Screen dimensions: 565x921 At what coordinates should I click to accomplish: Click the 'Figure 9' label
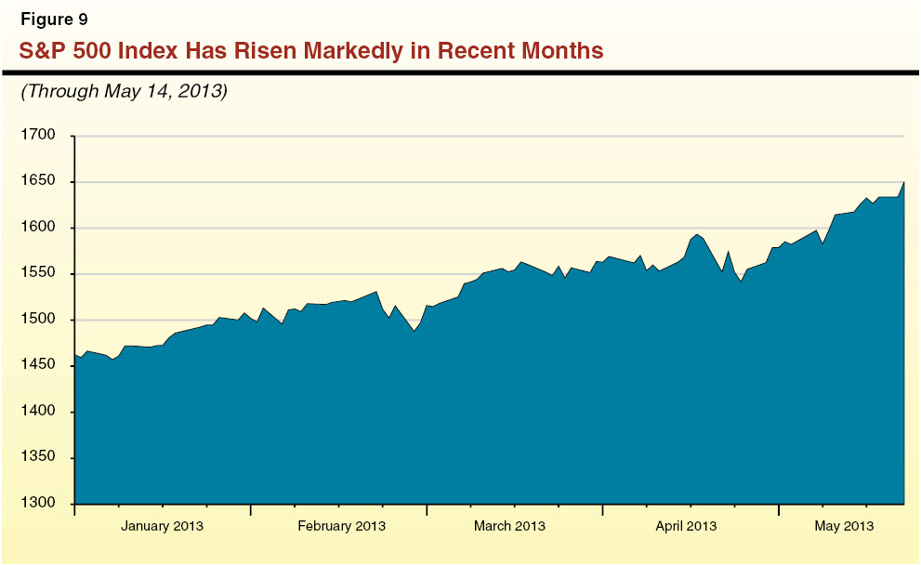tap(54, 20)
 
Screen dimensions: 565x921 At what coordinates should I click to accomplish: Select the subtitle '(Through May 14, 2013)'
tap(124, 91)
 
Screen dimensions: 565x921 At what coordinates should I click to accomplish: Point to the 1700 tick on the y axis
tap(38, 136)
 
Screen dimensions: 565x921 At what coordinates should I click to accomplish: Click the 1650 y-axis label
tap(38, 182)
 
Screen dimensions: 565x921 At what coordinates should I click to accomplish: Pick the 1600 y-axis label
tap(38, 228)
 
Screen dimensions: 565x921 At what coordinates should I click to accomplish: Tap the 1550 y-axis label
tap(38, 274)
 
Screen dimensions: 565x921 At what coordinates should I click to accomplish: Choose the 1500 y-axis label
tap(38, 320)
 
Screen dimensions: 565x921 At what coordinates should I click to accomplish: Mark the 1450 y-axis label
tap(38, 366)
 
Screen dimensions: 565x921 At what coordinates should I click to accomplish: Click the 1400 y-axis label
tap(38, 412)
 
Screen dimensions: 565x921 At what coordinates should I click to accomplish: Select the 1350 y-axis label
tap(38, 458)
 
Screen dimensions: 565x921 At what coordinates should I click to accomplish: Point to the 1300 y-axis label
tap(38, 504)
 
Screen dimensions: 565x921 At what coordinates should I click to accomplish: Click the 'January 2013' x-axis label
tap(163, 526)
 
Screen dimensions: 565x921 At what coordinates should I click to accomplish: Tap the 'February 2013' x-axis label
tap(341, 526)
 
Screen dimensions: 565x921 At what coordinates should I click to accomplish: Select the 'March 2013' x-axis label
tap(509, 526)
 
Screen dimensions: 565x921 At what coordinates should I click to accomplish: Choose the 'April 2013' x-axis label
tap(686, 526)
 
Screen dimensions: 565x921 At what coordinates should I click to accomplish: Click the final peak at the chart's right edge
tap(904, 182)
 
